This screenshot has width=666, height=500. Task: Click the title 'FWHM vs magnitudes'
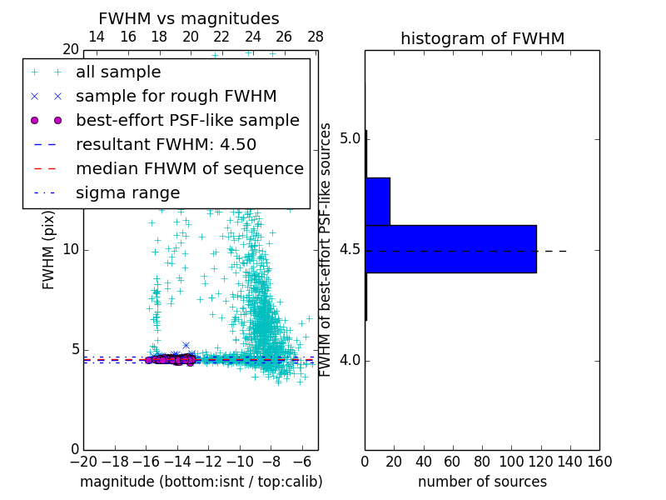pyautogui.click(x=189, y=19)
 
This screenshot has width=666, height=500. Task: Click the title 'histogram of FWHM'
pyautogui.click(x=482, y=39)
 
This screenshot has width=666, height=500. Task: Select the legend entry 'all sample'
pyautogui.click(x=118, y=72)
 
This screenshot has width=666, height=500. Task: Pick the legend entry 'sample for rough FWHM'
pyautogui.click(x=176, y=97)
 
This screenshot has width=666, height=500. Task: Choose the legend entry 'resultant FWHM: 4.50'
pyautogui.click(x=166, y=145)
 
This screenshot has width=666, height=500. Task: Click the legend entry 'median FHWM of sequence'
pyautogui.click(x=189, y=169)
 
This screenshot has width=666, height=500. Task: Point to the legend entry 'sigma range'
pyautogui.click(x=127, y=193)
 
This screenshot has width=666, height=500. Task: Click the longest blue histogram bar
pyautogui.click(x=450, y=248)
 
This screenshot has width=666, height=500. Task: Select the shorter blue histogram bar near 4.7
pyautogui.click(x=377, y=201)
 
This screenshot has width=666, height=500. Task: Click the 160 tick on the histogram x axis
pyautogui.click(x=599, y=462)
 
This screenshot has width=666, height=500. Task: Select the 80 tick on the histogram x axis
pyautogui.click(x=482, y=462)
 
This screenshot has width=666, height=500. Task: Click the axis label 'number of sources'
pyautogui.click(x=482, y=482)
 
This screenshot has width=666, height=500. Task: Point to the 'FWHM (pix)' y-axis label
pyautogui.click(x=49, y=250)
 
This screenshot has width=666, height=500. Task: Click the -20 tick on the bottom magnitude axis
pyautogui.click(x=83, y=462)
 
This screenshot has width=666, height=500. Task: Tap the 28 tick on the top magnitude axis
pyautogui.click(x=316, y=37)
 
